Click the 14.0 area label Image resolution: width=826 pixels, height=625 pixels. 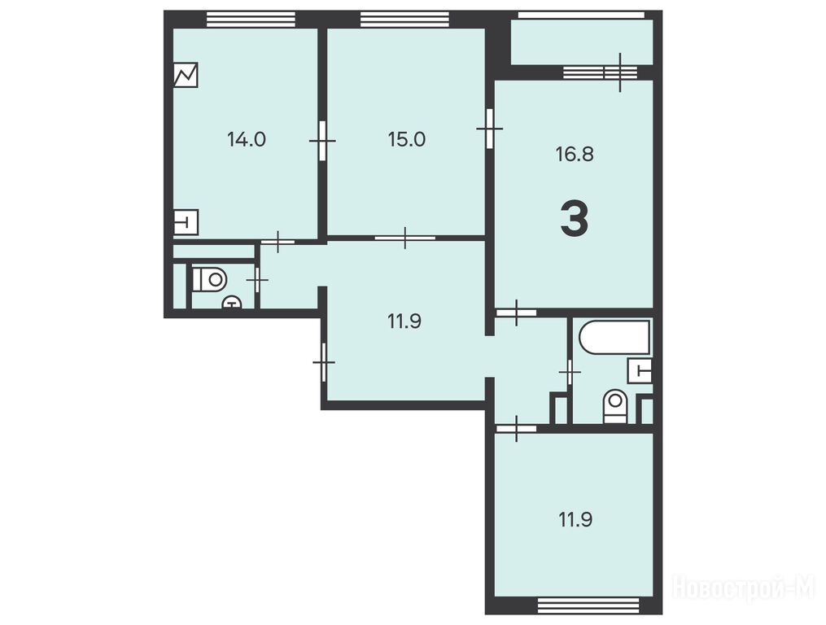pyautogui.click(x=246, y=140)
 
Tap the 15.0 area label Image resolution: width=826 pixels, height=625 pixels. pyautogui.click(x=407, y=140)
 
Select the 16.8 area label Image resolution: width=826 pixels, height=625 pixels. pyautogui.click(x=575, y=155)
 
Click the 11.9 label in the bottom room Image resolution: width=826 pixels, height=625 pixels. pyautogui.click(x=575, y=520)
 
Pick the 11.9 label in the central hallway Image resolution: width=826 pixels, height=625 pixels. pyautogui.click(x=404, y=321)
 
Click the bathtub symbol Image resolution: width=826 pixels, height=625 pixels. pyautogui.click(x=614, y=337)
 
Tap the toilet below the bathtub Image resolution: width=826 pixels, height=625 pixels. pyautogui.click(x=615, y=406)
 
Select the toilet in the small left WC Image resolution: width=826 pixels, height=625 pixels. pyautogui.click(x=209, y=279)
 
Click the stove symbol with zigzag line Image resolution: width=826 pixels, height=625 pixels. pyautogui.click(x=186, y=75)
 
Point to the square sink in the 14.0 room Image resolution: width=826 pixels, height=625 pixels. pyautogui.click(x=186, y=222)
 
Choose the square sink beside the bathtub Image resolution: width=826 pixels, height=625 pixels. pyautogui.click(x=640, y=370)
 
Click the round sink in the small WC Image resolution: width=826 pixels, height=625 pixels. pyautogui.click(x=231, y=303)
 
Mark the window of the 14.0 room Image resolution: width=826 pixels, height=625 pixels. pyautogui.click(x=250, y=19)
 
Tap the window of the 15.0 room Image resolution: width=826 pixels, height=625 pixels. pyautogui.click(x=404, y=19)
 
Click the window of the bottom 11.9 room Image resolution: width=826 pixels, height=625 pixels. pyautogui.click(x=588, y=605)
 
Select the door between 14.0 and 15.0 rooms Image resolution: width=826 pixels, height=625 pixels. pyautogui.click(x=322, y=141)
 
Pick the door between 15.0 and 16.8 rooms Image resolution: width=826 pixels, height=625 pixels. pyautogui.click(x=489, y=128)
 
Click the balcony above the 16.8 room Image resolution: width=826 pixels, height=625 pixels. pyautogui.click(x=582, y=42)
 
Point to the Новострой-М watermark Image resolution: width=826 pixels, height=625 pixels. pyautogui.click(x=745, y=586)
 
